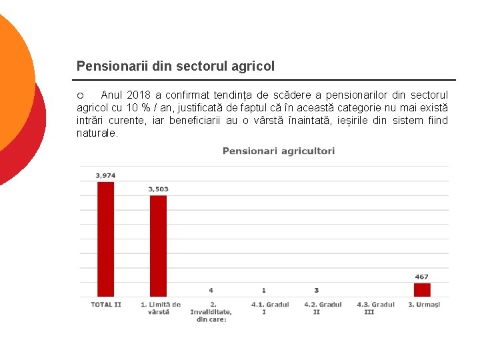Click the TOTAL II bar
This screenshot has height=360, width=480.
pyautogui.click(x=105, y=239)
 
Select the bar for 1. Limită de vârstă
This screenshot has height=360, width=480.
pyautogui.click(x=158, y=245)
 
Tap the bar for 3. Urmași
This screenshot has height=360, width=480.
pyautogui.click(x=422, y=289)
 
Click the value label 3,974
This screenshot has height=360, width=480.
pyautogui.click(x=105, y=175)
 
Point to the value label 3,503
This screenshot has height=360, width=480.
pyautogui.click(x=158, y=189)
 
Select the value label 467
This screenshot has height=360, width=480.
pyautogui.click(x=422, y=277)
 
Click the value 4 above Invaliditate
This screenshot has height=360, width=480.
pyautogui.click(x=211, y=291)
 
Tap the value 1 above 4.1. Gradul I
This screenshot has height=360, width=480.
pyautogui.click(x=264, y=291)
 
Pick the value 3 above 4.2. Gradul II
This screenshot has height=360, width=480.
pyautogui.click(x=317, y=291)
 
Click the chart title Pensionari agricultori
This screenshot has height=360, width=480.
pyautogui.click(x=279, y=151)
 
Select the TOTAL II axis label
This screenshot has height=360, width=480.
pyautogui.click(x=106, y=305)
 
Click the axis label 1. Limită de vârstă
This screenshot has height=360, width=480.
pyautogui.click(x=160, y=308)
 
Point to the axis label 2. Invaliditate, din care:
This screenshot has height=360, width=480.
pyautogui.click(x=211, y=312)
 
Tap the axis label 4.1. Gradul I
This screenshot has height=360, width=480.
pyautogui.click(x=270, y=308)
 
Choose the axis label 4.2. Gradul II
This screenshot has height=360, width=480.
pyautogui.click(x=323, y=308)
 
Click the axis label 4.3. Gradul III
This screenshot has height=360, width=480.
pyautogui.click(x=375, y=308)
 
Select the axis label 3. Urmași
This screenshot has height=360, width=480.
pyautogui.click(x=424, y=305)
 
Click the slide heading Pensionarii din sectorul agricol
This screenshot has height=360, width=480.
pyautogui.click(x=175, y=66)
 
